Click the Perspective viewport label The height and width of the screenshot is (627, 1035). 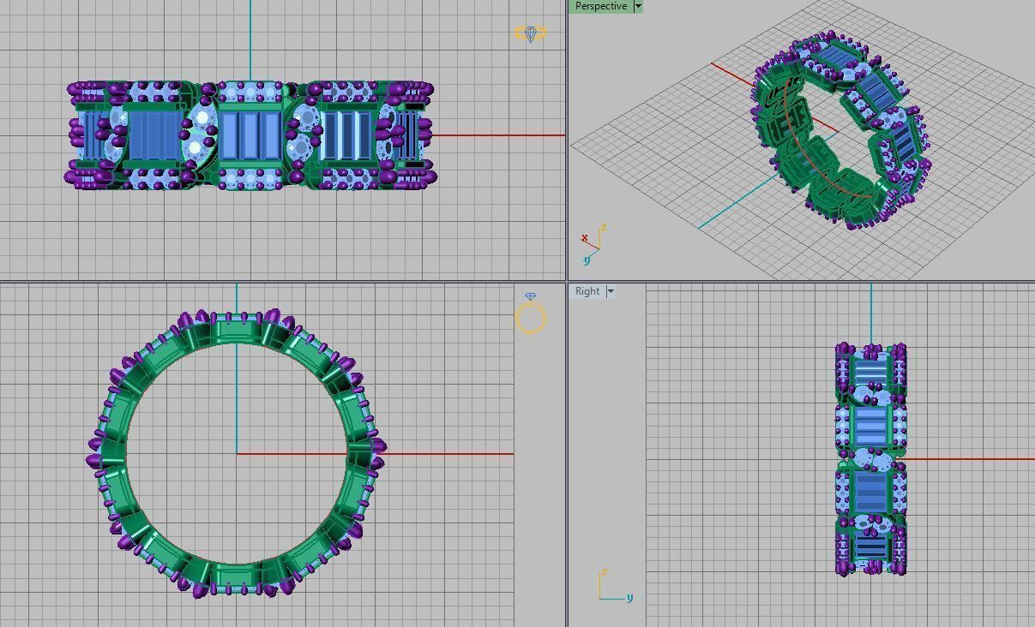pos(600,6)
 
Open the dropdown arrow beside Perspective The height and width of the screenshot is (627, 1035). pos(638,6)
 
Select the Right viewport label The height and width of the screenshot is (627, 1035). pos(587,291)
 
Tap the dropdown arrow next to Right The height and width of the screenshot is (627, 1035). pos(611,291)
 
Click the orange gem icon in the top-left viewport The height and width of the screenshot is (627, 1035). pos(530,33)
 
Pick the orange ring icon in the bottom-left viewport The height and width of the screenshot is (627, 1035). pos(530,316)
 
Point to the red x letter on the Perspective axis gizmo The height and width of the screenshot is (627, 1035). pos(585,238)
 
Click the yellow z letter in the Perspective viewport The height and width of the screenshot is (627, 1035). pos(604,228)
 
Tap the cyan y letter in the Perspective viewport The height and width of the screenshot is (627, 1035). pos(587,260)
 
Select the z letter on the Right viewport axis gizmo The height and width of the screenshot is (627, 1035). pos(605,571)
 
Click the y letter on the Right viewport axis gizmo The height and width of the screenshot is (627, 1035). pos(629,597)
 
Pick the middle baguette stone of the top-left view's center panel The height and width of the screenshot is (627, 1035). pos(250,135)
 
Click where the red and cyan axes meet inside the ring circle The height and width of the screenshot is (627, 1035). pos(237,454)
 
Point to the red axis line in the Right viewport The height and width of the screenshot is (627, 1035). pos(969,459)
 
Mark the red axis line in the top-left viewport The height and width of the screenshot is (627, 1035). pos(497,134)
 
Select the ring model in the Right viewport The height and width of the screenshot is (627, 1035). pos(870,459)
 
